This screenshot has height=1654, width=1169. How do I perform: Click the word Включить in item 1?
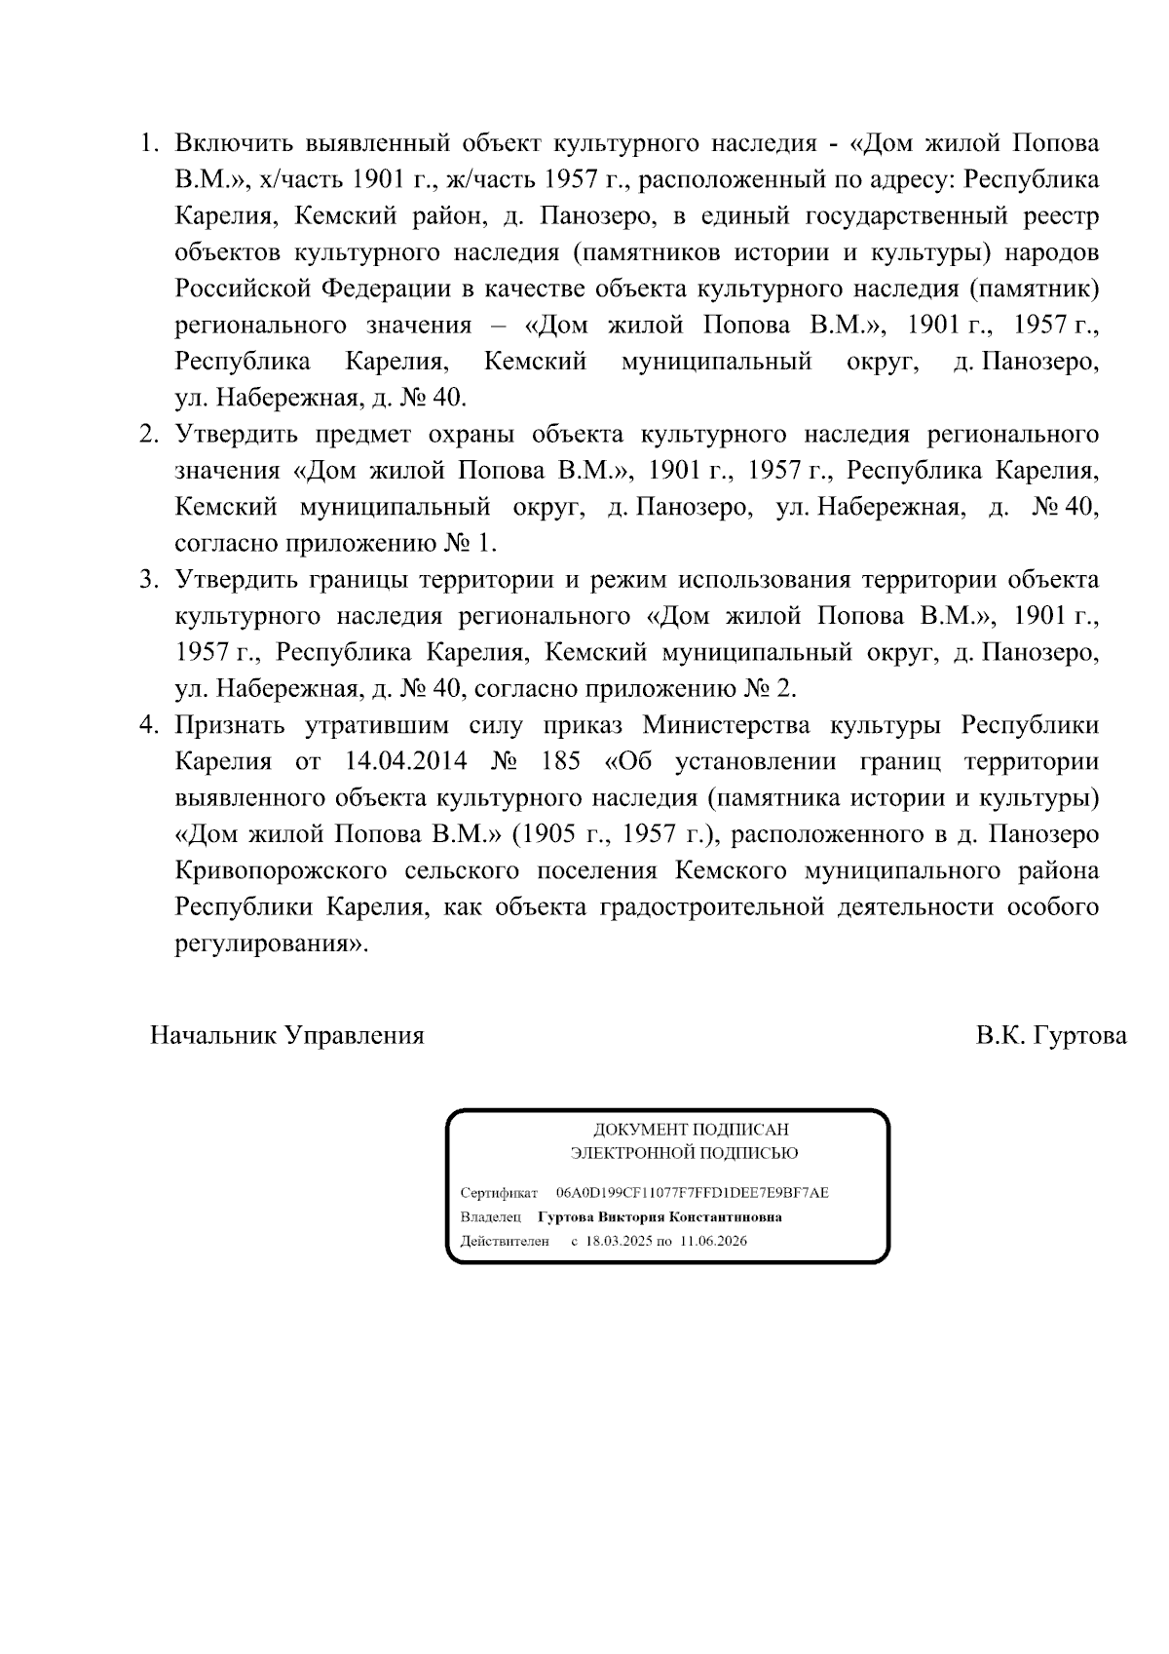[x=231, y=144]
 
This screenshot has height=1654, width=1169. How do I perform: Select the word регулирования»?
[x=272, y=943]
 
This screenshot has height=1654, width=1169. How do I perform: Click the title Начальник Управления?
[x=287, y=1035]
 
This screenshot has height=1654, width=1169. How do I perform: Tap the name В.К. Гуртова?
[x=1051, y=1035]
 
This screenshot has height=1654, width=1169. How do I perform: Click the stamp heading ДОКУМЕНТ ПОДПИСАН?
[x=691, y=1131]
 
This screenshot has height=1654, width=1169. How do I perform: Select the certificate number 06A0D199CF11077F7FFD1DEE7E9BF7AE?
[x=692, y=1193]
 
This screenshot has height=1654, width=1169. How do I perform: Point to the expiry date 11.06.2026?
[x=714, y=1242]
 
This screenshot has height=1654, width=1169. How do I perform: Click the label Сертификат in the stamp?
[x=499, y=1193]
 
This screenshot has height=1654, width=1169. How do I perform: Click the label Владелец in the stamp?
[x=491, y=1217]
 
